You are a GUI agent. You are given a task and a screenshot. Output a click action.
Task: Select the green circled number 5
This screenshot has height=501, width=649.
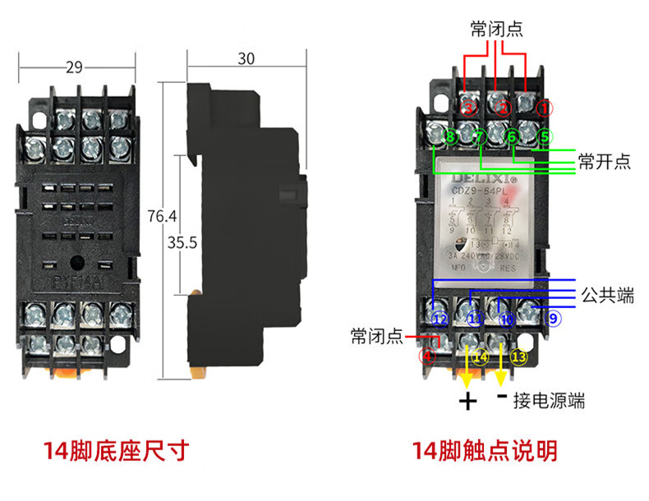pyautogui.click(x=546, y=136)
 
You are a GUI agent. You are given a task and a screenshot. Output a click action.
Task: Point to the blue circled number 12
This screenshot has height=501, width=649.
pyautogui.click(x=440, y=319)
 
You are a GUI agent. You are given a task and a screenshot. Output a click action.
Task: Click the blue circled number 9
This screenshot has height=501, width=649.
pyautogui.click(x=552, y=318)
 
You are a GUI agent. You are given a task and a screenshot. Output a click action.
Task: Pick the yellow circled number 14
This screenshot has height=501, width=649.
pyautogui.click(x=481, y=357)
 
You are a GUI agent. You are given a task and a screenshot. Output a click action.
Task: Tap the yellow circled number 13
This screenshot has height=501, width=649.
pyautogui.click(x=518, y=357)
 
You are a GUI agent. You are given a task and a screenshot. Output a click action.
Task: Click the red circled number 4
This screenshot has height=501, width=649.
pyautogui.click(x=426, y=357)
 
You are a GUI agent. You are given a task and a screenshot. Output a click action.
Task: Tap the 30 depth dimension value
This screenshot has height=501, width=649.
pyautogui.click(x=246, y=58)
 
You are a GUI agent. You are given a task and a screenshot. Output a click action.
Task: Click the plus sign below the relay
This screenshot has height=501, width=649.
pyautogui.click(x=467, y=402)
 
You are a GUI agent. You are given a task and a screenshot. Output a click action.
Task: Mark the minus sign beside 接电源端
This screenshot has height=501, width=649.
pyautogui.click(x=501, y=397)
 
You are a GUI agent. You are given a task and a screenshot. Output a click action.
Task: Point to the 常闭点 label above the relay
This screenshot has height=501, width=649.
pyautogui.click(x=496, y=30)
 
